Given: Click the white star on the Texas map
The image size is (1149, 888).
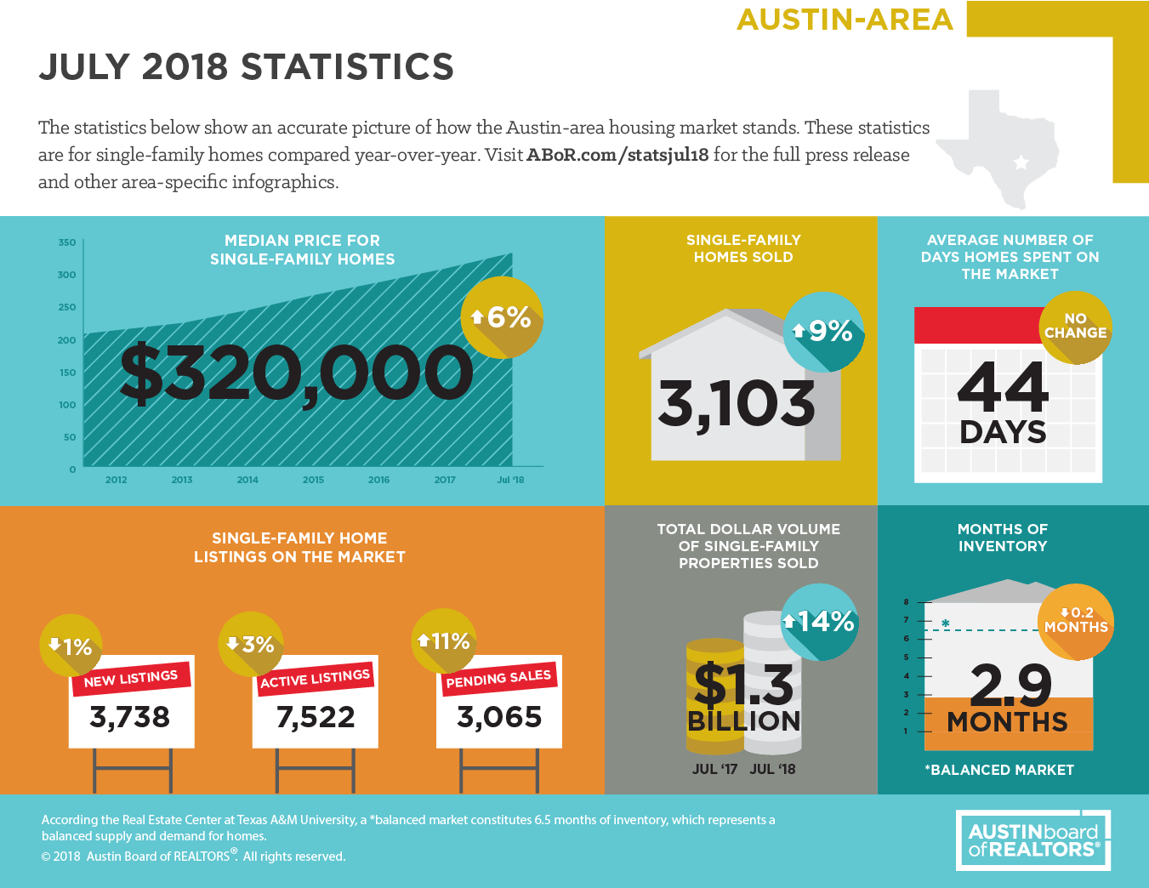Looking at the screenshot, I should tap(1021, 162).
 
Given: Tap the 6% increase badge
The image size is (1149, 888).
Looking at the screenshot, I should tap(502, 317).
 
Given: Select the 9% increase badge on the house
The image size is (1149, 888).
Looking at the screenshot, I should tap(823, 331).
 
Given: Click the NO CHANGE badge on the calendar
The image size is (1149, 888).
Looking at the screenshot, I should tap(1075, 327).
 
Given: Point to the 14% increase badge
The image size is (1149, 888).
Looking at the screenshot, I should tap(819, 622).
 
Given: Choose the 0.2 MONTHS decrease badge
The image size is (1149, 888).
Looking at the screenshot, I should tap(1076, 621).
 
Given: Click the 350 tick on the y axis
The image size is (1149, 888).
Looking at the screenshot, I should tap(67, 242).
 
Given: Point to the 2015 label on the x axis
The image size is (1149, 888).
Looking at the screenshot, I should tap(313, 480).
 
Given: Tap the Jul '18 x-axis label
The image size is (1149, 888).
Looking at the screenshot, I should tap(510, 480).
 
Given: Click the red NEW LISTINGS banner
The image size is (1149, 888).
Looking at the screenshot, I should tap(131, 678).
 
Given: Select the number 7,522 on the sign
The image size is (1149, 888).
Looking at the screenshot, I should tap(316, 717).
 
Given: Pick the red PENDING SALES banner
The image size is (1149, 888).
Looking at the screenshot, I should tap(498, 678).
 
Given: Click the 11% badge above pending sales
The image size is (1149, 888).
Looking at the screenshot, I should tap(443, 640).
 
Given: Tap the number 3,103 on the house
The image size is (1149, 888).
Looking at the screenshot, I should tap(737, 404).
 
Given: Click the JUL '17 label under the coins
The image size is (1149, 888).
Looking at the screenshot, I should tap(714, 769).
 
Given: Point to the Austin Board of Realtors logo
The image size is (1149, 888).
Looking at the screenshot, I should tap(1033, 840).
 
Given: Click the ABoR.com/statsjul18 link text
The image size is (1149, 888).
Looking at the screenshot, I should tap(617, 155).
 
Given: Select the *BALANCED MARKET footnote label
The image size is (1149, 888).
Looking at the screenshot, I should tap(998, 770).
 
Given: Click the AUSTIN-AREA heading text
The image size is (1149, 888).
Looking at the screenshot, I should tap(845, 20).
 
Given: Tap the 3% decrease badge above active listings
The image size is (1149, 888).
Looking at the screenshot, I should tap(251, 645).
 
